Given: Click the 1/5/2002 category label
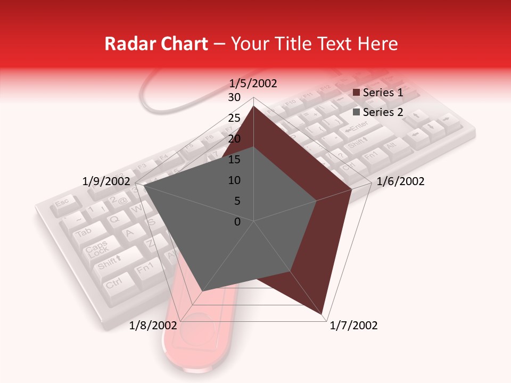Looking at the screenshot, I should pyautogui.click(x=253, y=83).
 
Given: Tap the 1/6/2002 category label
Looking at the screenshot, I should pyautogui.click(x=400, y=181).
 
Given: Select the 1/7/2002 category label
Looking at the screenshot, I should pyautogui.click(x=353, y=326).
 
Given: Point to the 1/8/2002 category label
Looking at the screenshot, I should pyautogui.click(x=153, y=326).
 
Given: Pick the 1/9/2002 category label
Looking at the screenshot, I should pyautogui.click(x=106, y=181).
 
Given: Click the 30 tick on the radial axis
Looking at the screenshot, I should pyautogui.click(x=234, y=97).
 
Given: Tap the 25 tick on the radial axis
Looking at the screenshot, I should pyautogui.click(x=234, y=118).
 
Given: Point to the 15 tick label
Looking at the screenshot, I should pyautogui.click(x=234, y=160).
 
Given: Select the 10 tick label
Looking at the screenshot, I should pyautogui.click(x=234, y=180).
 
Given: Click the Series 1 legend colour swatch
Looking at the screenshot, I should pyautogui.click(x=357, y=93).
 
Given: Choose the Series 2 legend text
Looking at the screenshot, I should pyautogui.click(x=383, y=112).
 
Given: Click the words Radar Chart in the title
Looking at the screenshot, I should pyautogui.click(x=156, y=44).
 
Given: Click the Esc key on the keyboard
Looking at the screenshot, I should pyautogui.click(x=63, y=203).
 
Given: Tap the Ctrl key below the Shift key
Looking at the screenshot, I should pyautogui.click(x=113, y=282).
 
